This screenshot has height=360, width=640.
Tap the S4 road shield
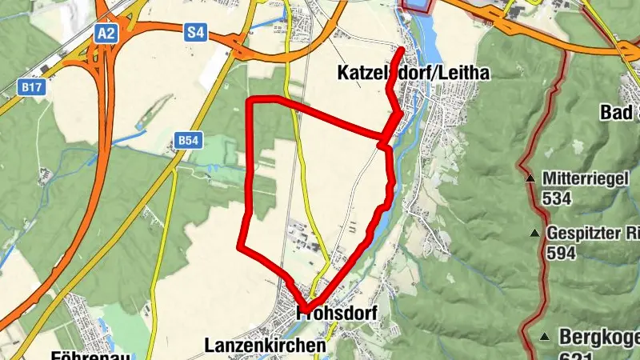coord(195,33)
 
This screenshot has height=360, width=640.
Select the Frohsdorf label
coord(337,312)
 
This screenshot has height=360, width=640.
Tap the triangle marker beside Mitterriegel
coord(530,178)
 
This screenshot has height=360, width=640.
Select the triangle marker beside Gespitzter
coord(534,233)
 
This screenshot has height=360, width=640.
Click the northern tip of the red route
coord(401,50)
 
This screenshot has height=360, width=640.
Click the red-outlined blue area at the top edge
coord(416,5)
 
